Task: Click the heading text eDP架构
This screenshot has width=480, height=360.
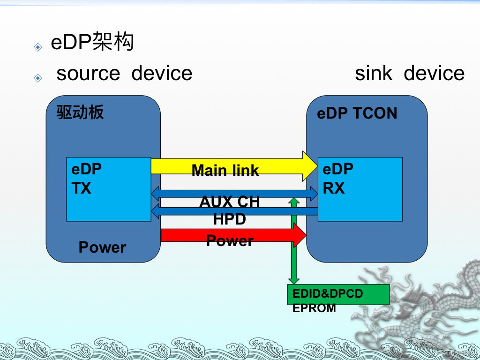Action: (92, 43)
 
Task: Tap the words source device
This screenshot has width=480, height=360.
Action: (124, 74)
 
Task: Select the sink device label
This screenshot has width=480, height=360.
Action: (409, 74)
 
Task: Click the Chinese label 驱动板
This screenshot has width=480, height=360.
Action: (80, 112)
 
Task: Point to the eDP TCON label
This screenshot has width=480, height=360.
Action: (357, 113)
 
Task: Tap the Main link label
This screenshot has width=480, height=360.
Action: (225, 171)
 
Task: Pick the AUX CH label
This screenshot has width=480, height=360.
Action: (229, 202)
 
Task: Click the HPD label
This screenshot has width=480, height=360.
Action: (229, 219)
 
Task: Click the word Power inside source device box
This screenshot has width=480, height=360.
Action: (102, 247)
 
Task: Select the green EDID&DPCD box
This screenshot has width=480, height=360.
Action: (338, 294)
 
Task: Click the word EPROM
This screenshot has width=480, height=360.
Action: (314, 308)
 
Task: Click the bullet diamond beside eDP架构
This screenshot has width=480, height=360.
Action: (37, 47)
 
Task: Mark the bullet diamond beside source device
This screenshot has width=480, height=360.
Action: (37, 78)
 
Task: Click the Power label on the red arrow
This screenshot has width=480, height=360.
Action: (230, 241)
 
